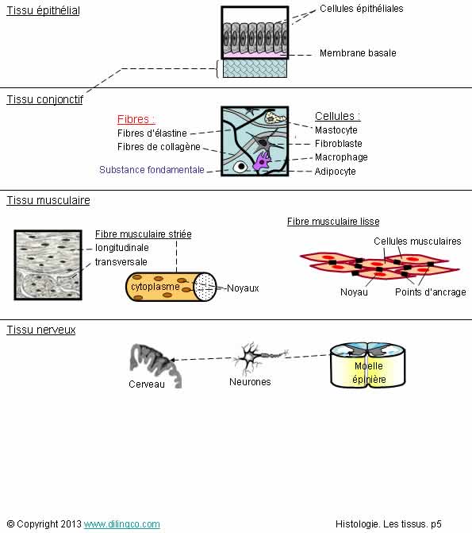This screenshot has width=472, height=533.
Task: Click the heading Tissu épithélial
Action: click(x=43, y=10)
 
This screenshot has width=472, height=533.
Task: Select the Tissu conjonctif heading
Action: click(x=45, y=99)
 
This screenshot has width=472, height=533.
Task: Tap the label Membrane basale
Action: click(x=358, y=53)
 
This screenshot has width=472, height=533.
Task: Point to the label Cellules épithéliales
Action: click(x=361, y=9)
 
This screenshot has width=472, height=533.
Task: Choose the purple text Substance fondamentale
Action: click(x=152, y=170)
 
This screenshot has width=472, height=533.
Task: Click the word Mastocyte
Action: click(x=336, y=129)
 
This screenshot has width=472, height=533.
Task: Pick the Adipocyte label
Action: click(x=335, y=172)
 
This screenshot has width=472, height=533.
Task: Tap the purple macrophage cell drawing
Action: click(x=262, y=160)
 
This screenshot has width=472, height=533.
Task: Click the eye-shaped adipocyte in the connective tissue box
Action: click(x=241, y=167)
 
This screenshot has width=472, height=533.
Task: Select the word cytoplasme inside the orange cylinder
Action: click(x=155, y=287)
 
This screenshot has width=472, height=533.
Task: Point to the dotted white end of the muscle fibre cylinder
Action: click(x=205, y=287)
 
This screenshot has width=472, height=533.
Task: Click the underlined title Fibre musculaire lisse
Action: click(x=333, y=222)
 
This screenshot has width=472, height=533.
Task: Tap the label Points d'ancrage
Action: click(x=430, y=292)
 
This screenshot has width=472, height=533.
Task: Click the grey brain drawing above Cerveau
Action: click(x=155, y=365)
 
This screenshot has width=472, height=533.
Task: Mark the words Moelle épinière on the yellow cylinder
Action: click(x=369, y=373)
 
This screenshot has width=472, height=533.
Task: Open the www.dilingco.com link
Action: click(x=122, y=524)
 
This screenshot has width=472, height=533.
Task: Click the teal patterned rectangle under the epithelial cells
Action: click(x=255, y=68)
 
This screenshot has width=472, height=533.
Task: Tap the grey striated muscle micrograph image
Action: click(x=48, y=265)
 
